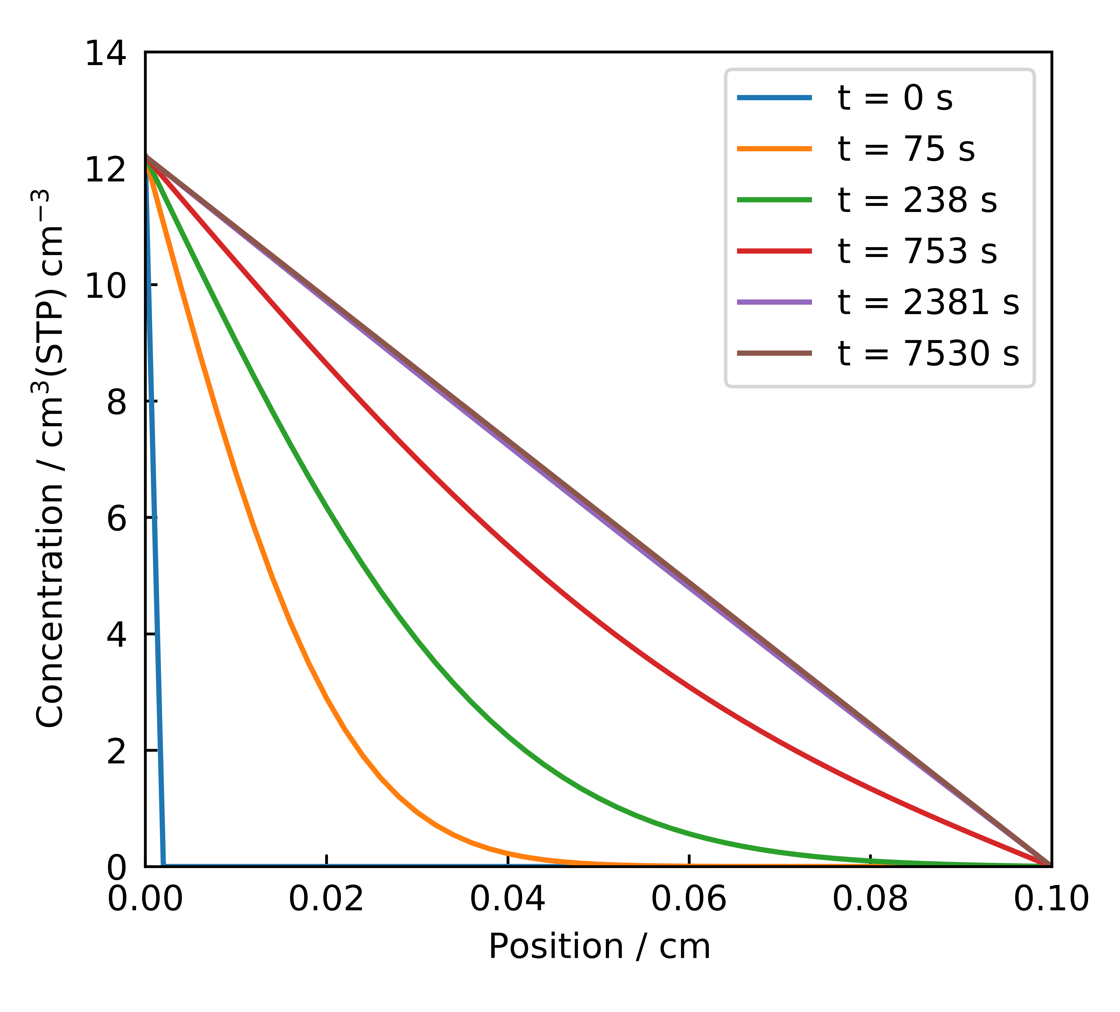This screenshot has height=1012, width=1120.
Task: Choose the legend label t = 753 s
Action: pos(917,251)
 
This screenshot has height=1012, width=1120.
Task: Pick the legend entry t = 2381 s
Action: pos(928,302)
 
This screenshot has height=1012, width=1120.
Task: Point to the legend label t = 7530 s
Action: pos(928,353)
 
